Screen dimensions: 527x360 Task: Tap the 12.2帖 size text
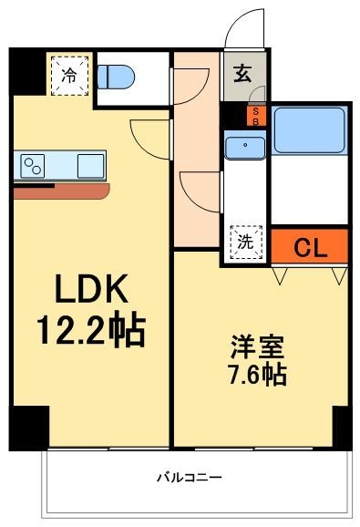click(x=90, y=330)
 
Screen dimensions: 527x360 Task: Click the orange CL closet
click(x=309, y=245)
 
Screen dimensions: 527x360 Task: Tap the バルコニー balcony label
click(x=190, y=476)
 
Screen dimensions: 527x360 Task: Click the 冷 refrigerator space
click(x=69, y=76)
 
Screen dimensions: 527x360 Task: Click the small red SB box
click(x=255, y=115)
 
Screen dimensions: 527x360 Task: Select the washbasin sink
click(x=245, y=146)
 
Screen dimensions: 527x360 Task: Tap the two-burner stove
click(x=34, y=166)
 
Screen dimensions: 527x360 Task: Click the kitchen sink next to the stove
click(x=90, y=165)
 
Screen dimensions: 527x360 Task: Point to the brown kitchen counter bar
click(x=62, y=191)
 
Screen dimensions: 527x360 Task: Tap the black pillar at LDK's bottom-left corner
click(x=29, y=427)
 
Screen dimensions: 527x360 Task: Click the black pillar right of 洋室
click(x=342, y=426)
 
